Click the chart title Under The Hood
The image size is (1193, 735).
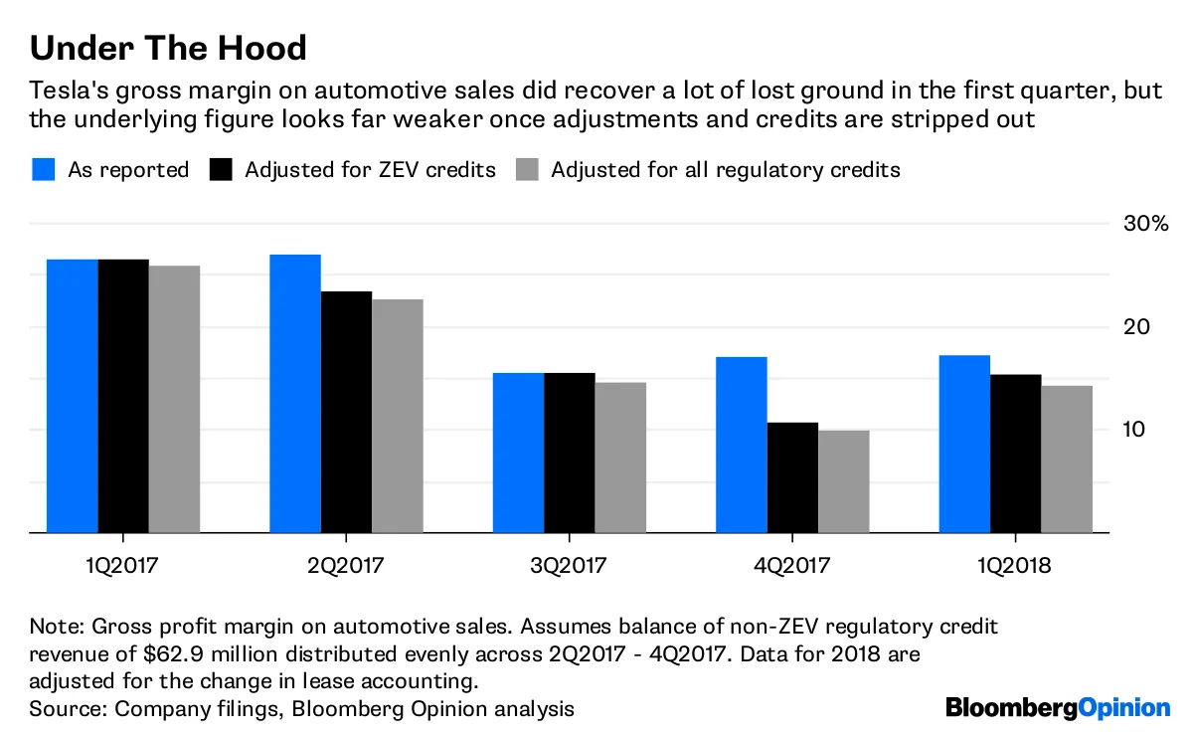pos(168,47)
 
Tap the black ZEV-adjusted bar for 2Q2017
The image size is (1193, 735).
pos(346,412)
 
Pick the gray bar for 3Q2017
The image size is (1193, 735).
pos(620,458)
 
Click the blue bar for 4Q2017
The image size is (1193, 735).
pos(742,445)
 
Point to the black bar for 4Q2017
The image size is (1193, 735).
pos(792,477)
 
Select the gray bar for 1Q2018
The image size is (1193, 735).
pos(1067,459)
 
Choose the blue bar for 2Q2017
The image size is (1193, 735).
pos(295,394)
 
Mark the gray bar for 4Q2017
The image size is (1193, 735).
pos(843,481)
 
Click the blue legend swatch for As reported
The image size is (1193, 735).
pos(44,170)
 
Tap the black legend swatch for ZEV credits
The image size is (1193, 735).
pos(221,170)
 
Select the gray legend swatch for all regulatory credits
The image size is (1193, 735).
pos(527,170)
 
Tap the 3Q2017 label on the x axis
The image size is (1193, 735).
pos(570,567)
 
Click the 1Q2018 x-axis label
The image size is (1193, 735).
pos(1015,567)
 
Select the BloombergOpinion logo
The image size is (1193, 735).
pos(1058,707)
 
